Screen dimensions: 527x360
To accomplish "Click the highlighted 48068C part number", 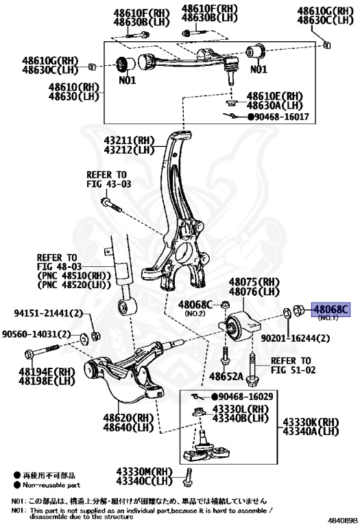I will [331, 310].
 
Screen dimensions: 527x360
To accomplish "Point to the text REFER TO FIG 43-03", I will [108, 180].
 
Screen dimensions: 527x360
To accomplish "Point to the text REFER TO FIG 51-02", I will [291, 365].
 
